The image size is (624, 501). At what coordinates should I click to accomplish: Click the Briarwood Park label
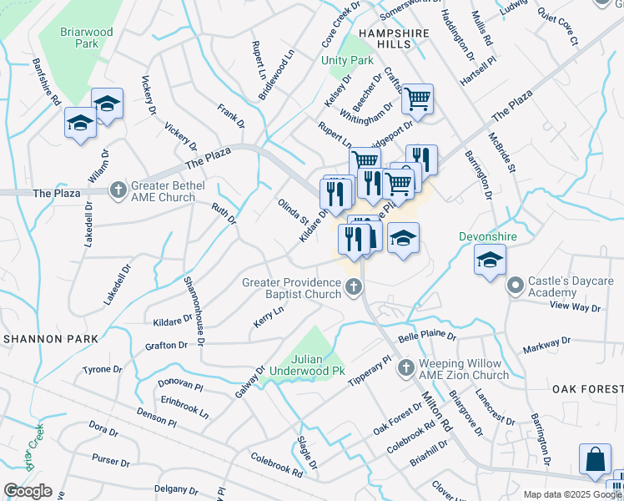[86, 38]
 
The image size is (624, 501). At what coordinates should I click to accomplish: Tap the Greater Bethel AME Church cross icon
[118, 192]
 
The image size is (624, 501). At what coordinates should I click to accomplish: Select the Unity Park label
[347, 61]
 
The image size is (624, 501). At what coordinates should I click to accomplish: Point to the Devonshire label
[489, 236]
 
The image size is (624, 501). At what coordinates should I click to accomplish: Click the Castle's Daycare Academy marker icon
[515, 286]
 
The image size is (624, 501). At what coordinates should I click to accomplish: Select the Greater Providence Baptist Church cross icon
[355, 288]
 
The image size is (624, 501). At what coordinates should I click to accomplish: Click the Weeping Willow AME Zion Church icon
[405, 368]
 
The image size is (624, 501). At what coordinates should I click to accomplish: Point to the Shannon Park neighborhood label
[50, 339]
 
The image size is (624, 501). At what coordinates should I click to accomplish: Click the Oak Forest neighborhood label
[586, 389]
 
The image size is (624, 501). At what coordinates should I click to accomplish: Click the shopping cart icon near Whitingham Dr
[417, 99]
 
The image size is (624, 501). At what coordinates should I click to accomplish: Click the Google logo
[28, 491]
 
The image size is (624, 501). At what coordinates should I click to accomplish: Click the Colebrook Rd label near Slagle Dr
[276, 464]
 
